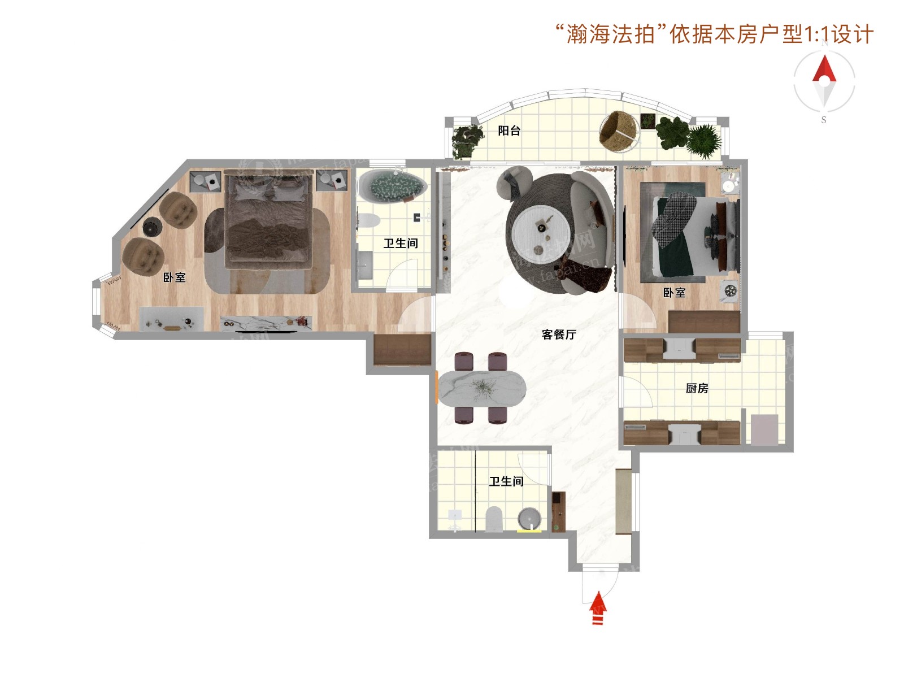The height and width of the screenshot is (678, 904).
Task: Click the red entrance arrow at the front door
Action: pyautogui.click(x=598, y=607)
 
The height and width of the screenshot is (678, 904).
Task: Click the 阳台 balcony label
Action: pyautogui.click(x=509, y=131)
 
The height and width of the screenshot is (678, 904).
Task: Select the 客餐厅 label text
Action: pyautogui.click(x=558, y=334)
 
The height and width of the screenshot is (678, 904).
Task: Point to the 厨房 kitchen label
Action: pyautogui.click(x=697, y=388)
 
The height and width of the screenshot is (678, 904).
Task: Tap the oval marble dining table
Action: pyautogui.click(x=482, y=388)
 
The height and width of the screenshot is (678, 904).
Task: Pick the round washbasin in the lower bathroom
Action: pyautogui.click(x=529, y=519)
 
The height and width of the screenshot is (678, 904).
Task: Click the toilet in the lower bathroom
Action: pyautogui.click(x=494, y=519)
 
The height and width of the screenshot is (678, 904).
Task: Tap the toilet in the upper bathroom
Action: pyautogui.click(x=368, y=220)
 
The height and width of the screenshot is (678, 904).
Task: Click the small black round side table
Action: pyautogui.click(x=152, y=226)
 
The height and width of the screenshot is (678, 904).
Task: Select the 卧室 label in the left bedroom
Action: pyautogui.click(x=174, y=277)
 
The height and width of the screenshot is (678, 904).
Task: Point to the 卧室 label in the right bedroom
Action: pyautogui.click(x=674, y=293)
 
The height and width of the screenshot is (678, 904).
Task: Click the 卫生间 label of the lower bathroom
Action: pyautogui.click(x=506, y=481)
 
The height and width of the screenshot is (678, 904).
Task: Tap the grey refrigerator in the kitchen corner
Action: pyautogui.click(x=764, y=429)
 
